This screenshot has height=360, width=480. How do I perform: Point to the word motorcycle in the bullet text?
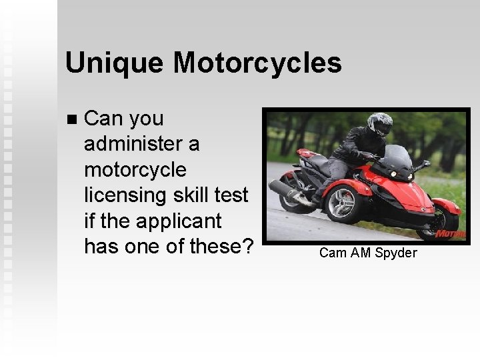pyautogui.click(x=135, y=171)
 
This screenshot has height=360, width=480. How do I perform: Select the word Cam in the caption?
pyautogui.click(x=331, y=253)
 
